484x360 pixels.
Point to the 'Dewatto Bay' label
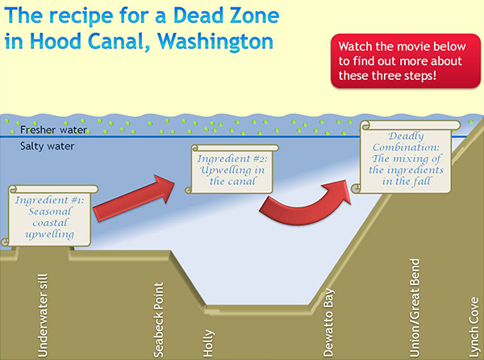pyautogui.click(x=328, y=320)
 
